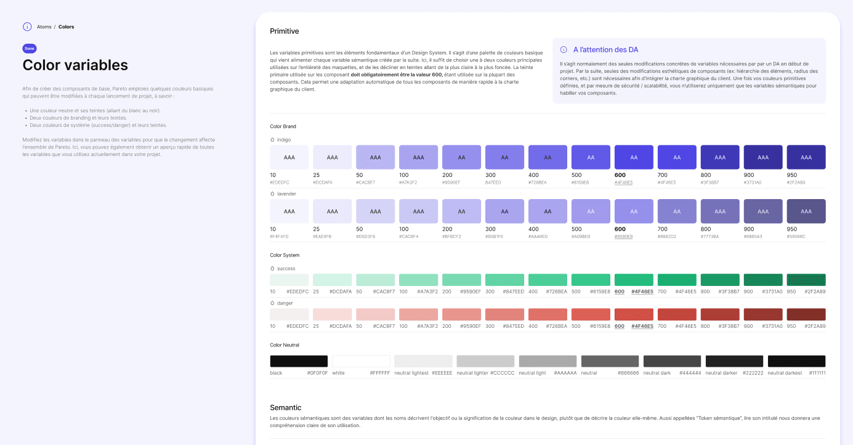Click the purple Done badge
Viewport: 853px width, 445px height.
(x=30, y=48)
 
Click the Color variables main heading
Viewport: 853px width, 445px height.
(x=75, y=65)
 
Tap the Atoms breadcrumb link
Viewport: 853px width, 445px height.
(x=44, y=27)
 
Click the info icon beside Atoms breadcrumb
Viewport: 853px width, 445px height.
(x=27, y=27)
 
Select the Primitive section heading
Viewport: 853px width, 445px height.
(x=285, y=31)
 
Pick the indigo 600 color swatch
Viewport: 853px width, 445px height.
(x=634, y=157)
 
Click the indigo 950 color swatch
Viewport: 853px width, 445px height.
(x=806, y=157)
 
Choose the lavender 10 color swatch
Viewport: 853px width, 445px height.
(x=289, y=211)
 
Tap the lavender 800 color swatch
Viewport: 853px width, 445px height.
(x=720, y=211)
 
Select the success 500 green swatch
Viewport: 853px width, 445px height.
(x=591, y=280)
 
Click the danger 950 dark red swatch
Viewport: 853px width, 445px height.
(x=806, y=314)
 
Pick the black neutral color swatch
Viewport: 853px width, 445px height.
(x=299, y=361)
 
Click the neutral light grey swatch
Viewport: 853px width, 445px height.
(x=548, y=361)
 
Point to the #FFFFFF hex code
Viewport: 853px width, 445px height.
(x=379, y=373)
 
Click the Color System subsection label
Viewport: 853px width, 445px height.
(x=285, y=255)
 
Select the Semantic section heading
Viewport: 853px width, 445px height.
(x=286, y=407)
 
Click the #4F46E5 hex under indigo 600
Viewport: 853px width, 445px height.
(x=623, y=182)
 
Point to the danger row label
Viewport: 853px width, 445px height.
(x=285, y=303)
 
